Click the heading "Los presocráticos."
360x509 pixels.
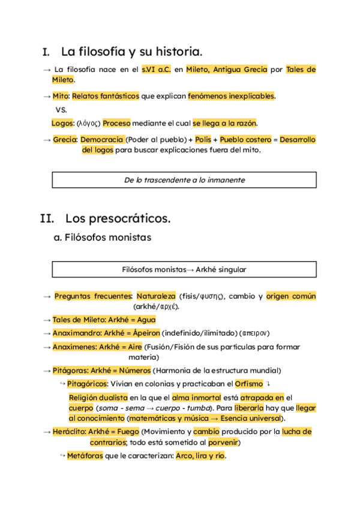pyautogui.click(x=118, y=218)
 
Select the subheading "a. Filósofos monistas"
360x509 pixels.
pyautogui.click(x=102, y=238)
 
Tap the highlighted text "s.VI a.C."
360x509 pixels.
pyautogui.click(x=156, y=70)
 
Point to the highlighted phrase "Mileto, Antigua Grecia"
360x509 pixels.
pyautogui.click(x=227, y=70)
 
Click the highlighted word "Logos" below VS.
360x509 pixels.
pyautogui.click(x=62, y=123)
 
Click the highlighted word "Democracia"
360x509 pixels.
pyautogui.click(x=101, y=140)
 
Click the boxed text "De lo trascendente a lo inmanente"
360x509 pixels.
pyautogui.click(x=184, y=180)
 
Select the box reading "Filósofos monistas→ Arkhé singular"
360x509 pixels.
pyautogui.click(x=184, y=270)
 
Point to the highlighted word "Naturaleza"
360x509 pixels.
pyautogui.click(x=156, y=297)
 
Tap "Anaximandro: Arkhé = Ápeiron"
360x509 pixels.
pyautogui.click(x=106, y=333)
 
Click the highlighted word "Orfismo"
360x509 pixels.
pyautogui.click(x=248, y=384)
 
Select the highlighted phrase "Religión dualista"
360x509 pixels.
pyautogui.click(x=98, y=397)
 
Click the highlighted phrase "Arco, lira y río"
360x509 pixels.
pyautogui.click(x=200, y=456)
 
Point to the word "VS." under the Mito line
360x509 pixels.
pyautogui.click(x=61, y=110)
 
